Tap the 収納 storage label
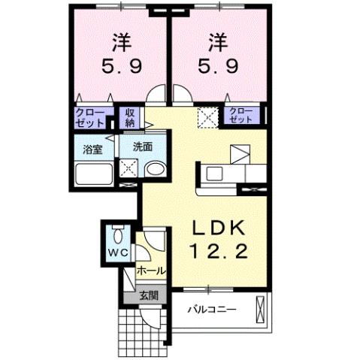pos(130,117)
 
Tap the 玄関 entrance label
pos(148,295)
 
